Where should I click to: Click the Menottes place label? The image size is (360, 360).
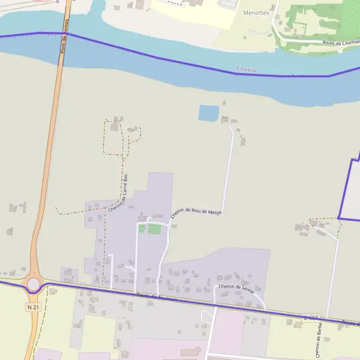pos(256,12)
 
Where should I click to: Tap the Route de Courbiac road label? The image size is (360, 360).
pos(340,43)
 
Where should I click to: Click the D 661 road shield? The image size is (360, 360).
pos(311,317)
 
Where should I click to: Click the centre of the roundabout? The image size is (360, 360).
pos(33,284)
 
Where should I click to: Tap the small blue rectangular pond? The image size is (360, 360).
pos(208,113)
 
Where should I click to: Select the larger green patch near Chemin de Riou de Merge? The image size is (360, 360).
pos(154,229)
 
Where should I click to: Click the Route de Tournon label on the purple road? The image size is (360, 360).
pos(157,296)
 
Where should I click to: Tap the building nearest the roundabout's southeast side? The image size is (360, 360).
pos(53,292)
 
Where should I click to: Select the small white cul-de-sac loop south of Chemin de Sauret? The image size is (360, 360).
pos(207,316)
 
